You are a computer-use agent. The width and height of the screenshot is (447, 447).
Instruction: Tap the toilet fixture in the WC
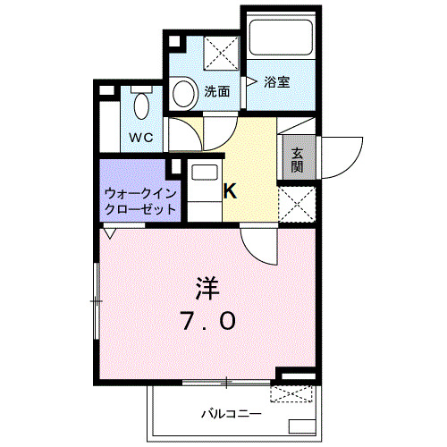[x=141, y=105]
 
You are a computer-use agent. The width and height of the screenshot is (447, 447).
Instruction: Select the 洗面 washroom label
[x=217, y=91]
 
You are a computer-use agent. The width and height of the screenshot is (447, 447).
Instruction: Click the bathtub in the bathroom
[x=279, y=37]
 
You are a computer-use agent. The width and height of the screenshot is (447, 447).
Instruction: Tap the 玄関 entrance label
[x=297, y=160]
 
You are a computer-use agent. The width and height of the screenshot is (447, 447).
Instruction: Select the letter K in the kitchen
[x=229, y=190]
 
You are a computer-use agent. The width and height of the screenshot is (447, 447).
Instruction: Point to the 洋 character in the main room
[x=206, y=288]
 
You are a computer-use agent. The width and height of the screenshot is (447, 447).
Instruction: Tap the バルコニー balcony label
[x=230, y=413]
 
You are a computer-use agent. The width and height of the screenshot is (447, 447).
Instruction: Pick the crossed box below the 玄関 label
[x=297, y=204]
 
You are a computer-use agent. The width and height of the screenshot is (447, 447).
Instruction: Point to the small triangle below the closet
[x=109, y=235]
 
